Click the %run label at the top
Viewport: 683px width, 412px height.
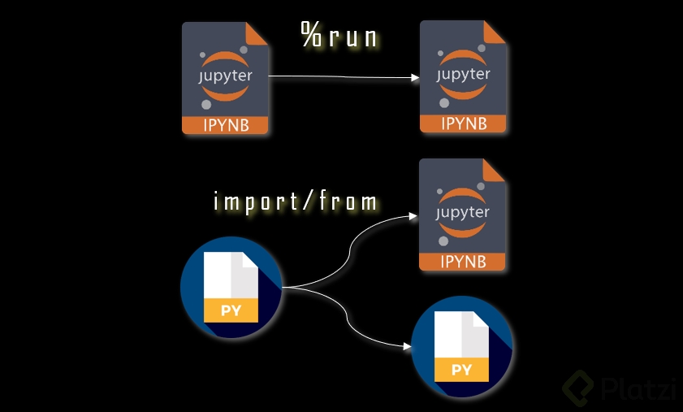tap(339, 37)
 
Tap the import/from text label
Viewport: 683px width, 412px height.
tap(296, 201)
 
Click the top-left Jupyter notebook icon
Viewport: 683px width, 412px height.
tap(226, 78)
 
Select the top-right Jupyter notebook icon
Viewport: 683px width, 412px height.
tap(464, 76)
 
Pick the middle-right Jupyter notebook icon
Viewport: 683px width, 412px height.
tap(463, 215)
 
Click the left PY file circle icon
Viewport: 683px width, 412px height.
tap(231, 287)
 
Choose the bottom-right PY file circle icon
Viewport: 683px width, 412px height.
tap(462, 347)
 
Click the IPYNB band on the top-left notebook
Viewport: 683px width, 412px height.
tap(226, 125)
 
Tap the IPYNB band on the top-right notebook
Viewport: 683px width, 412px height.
tap(464, 124)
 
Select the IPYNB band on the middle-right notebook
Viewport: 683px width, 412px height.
tap(463, 262)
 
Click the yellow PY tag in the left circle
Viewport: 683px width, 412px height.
tap(231, 310)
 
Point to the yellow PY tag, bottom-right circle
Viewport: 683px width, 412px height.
tap(462, 371)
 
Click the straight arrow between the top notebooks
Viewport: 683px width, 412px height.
tap(341, 78)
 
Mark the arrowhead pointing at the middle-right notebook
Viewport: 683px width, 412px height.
tap(414, 217)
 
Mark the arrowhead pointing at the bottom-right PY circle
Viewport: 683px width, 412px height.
tap(407, 347)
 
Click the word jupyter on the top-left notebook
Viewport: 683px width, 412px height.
tap(225, 77)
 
